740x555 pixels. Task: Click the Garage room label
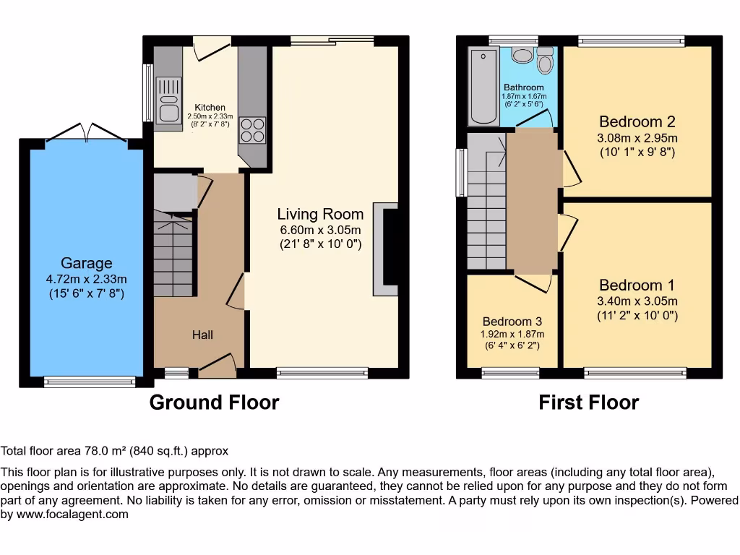(x=86, y=264)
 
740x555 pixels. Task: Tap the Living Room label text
(x=320, y=214)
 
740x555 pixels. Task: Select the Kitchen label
(x=210, y=107)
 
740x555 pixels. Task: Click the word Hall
(x=202, y=335)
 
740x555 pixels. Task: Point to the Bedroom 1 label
(x=631, y=285)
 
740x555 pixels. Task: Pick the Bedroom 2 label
(x=637, y=121)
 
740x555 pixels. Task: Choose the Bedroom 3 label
(x=512, y=322)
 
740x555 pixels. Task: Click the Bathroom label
(x=523, y=87)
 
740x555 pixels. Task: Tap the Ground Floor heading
(x=214, y=403)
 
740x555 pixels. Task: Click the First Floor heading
(x=588, y=403)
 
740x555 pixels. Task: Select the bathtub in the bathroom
(x=483, y=87)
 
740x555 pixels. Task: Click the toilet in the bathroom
(x=545, y=61)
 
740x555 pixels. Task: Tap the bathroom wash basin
(x=520, y=56)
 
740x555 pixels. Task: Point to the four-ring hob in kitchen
(x=252, y=130)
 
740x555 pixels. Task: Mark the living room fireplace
(x=386, y=249)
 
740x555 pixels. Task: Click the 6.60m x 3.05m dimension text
(x=320, y=230)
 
